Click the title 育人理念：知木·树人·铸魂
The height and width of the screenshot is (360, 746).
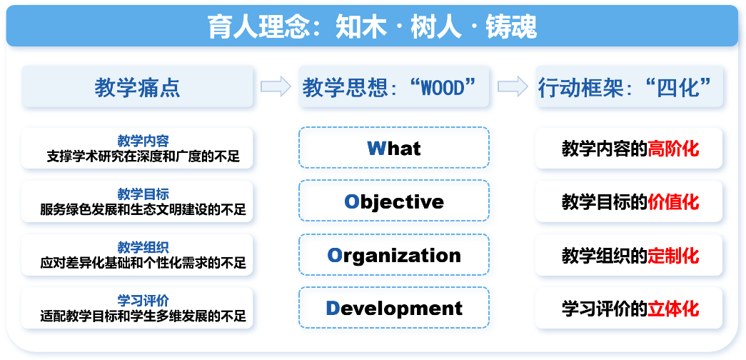click(x=373, y=26)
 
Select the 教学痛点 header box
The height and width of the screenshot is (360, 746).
click(x=137, y=86)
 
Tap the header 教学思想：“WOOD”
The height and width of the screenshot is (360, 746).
click(x=394, y=86)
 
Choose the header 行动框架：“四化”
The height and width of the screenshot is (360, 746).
click(x=629, y=86)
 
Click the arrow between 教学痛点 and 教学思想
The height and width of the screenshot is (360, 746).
click(x=276, y=86)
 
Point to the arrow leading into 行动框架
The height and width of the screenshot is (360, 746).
click(x=513, y=86)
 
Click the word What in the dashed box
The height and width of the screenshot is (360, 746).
click(x=394, y=148)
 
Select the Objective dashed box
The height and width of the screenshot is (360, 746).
click(x=394, y=201)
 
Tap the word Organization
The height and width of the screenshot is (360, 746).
click(x=394, y=255)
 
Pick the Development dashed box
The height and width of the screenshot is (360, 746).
click(x=394, y=307)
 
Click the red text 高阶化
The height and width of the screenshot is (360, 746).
click(x=674, y=149)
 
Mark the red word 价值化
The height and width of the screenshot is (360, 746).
click(x=674, y=202)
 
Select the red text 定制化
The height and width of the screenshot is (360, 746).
click(x=674, y=256)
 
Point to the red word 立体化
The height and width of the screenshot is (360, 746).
click(x=674, y=309)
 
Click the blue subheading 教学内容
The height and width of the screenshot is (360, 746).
click(x=143, y=141)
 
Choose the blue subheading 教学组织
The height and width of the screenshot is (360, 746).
click(x=143, y=247)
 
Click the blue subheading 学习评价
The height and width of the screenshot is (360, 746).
click(x=143, y=300)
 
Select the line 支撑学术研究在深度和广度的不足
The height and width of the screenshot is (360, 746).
click(x=143, y=156)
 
